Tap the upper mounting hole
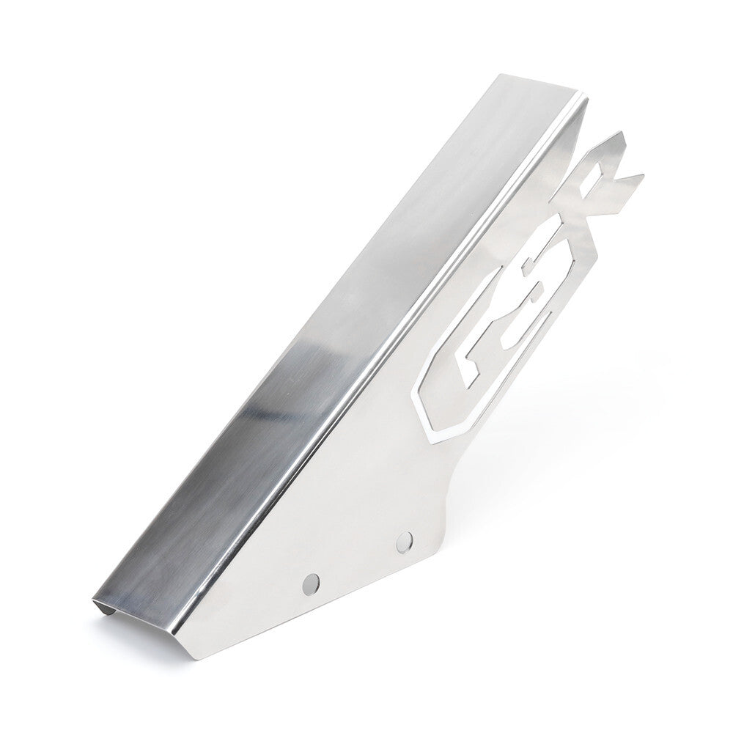[404, 541]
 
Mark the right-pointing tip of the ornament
[642, 175]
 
